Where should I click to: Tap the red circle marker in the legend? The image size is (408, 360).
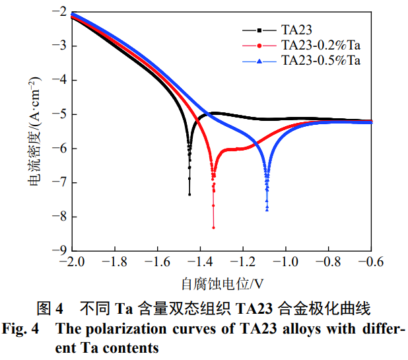[x=259, y=46]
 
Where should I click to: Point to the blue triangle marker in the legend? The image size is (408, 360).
[x=259, y=61]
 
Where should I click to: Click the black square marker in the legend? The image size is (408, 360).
[x=259, y=30]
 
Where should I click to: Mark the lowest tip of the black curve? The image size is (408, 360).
[x=189, y=194]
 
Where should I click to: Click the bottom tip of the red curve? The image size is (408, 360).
[x=213, y=228]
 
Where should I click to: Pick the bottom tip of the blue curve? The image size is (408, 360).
[x=267, y=210]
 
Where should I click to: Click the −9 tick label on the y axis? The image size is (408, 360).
[x=53, y=250]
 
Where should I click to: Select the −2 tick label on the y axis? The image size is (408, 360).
[x=53, y=13]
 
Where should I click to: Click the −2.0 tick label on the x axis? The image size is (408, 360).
[x=71, y=262]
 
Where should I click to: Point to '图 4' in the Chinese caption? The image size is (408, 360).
[x=50, y=308]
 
